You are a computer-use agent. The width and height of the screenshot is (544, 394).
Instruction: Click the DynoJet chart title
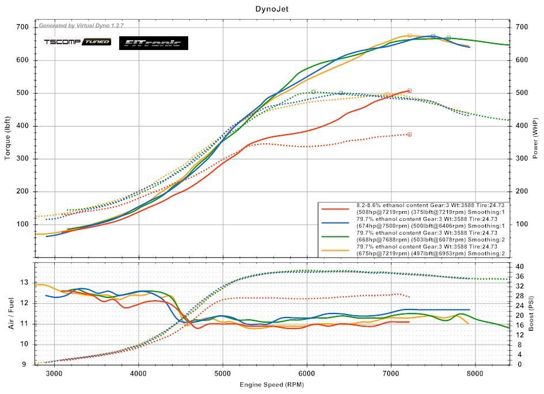click(272, 9)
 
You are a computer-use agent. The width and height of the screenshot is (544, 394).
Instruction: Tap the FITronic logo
click(153, 43)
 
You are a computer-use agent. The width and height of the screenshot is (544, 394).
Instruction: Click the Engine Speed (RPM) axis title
click(271, 384)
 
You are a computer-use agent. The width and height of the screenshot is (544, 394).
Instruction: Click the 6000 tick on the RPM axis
click(307, 373)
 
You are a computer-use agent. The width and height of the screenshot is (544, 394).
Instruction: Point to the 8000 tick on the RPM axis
click(475, 373)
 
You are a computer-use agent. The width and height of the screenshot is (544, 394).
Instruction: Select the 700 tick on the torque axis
click(22, 27)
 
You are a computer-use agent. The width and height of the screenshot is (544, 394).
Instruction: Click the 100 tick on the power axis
click(523, 224)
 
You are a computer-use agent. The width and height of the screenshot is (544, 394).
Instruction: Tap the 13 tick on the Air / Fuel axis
click(24, 282)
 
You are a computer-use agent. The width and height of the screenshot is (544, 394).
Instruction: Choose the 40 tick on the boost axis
click(520, 267)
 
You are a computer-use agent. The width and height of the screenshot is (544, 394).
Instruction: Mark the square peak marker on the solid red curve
click(409, 90)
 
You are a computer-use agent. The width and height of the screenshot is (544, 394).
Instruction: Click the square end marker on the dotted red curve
click(409, 134)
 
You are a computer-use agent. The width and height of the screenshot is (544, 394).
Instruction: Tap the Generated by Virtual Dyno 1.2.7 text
click(81, 26)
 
